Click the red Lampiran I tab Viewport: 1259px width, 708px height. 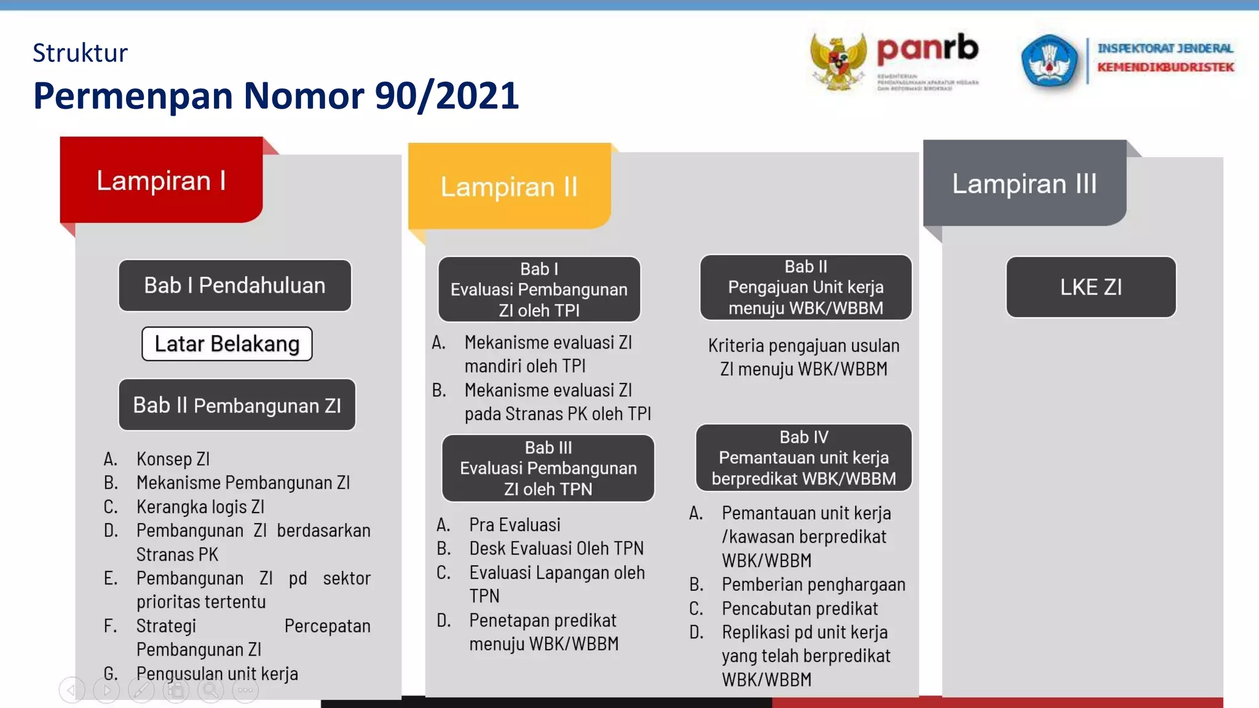[x=161, y=181]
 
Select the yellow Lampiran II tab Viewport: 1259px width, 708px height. [x=509, y=187]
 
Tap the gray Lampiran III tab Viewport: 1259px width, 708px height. [x=1024, y=184]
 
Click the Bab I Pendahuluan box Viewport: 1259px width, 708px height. [x=235, y=286]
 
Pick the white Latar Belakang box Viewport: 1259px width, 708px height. [x=227, y=344]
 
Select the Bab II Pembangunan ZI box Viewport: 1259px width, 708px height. [x=237, y=405]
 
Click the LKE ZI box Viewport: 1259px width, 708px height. [x=1091, y=287]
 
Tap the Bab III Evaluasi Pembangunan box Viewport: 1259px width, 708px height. [x=548, y=468]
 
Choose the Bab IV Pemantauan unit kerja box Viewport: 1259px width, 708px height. [x=803, y=458]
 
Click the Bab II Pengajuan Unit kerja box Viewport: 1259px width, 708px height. [x=805, y=288]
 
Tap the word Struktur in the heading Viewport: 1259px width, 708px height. [x=80, y=53]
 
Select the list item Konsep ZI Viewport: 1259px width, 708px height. [x=173, y=459]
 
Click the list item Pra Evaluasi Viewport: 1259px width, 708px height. [x=515, y=525]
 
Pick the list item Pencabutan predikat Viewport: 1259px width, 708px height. [x=800, y=608]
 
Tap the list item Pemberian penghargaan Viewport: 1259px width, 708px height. [x=813, y=584]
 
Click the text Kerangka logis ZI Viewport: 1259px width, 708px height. [x=200, y=507]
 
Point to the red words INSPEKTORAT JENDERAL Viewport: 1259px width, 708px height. [x=1165, y=49]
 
